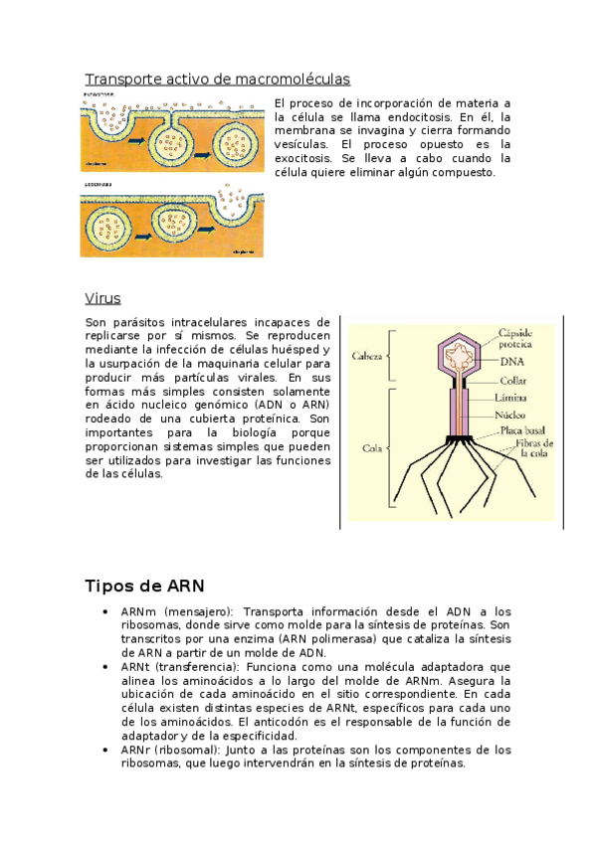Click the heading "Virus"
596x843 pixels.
click(102, 298)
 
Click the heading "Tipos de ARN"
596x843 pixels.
click(144, 586)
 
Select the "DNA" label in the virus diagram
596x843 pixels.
click(511, 362)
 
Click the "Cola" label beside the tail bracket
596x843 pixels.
click(371, 448)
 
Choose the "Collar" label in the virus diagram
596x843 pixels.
click(513, 379)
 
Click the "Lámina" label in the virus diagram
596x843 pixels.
click(513, 398)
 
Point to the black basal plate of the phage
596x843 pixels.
click(460, 438)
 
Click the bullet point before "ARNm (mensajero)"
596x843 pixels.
click(105, 612)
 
